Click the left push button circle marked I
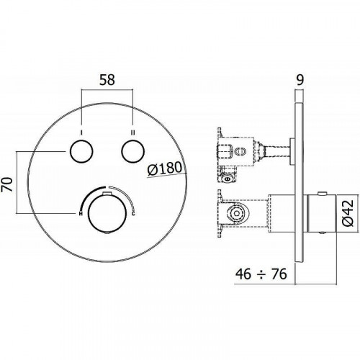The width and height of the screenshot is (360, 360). pos(81,153)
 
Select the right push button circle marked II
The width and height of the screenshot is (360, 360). pos(133,153)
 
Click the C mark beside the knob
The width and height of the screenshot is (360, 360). pos(134,212)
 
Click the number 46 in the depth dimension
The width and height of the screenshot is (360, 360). pos(244,274)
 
